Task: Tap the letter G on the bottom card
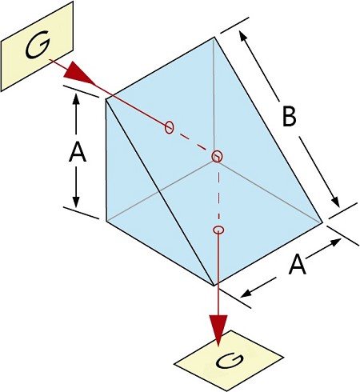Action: point(230,361)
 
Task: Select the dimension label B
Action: point(289,116)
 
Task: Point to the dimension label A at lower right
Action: point(298,265)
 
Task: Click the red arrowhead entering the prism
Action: point(79,75)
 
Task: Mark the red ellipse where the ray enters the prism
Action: point(169,127)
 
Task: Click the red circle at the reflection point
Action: point(217,156)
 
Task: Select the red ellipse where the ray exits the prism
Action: point(218,230)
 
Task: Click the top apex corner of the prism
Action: point(214,38)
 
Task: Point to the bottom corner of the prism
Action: point(214,286)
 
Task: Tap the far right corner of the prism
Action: point(322,222)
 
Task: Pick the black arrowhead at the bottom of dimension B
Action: point(335,201)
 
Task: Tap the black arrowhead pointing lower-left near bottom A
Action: point(246,294)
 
